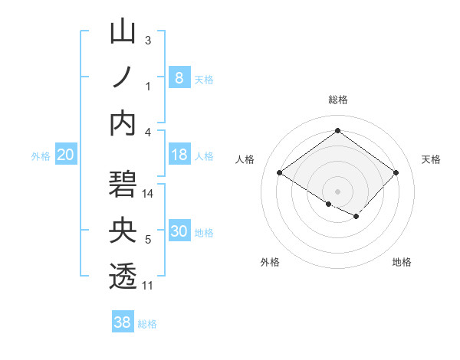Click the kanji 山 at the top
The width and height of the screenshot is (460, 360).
(x=123, y=33)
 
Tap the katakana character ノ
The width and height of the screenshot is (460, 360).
(x=123, y=77)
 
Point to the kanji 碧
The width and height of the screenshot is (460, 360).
(x=123, y=186)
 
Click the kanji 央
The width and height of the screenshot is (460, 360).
(x=123, y=231)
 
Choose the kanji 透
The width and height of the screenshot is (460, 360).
(x=123, y=277)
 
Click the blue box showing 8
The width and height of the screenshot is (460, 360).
(x=179, y=77)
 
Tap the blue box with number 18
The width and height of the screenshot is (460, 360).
(x=179, y=155)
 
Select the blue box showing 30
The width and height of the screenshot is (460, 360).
(x=179, y=231)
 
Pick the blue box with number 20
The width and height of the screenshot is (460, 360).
(x=65, y=155)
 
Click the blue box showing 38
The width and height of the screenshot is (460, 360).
(x=122, y=322)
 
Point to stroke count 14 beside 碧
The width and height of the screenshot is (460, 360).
(x=149, y=194)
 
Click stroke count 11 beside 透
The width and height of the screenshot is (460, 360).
(x=149, y=285)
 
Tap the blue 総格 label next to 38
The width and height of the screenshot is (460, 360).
(x=147, y=324)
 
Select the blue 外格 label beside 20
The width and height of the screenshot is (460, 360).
(x=41, y=155)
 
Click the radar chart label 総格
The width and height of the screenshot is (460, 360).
(x=337, y=100)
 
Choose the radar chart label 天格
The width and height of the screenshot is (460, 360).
(x=431, y=159)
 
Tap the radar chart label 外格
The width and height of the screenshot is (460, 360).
(x=270, y=262)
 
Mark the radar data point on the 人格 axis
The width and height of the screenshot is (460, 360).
(x=280, y=172)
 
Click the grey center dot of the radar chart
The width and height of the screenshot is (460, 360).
(x=337, y=190)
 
